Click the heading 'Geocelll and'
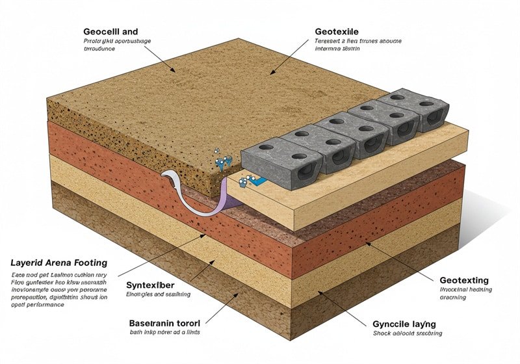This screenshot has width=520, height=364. (110, 31)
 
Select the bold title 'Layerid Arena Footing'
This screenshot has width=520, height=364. (58, 263)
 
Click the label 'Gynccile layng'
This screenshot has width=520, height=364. (404, 323)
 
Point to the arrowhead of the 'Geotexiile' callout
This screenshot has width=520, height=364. (273, 72)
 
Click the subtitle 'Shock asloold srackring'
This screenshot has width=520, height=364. (408, 333)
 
